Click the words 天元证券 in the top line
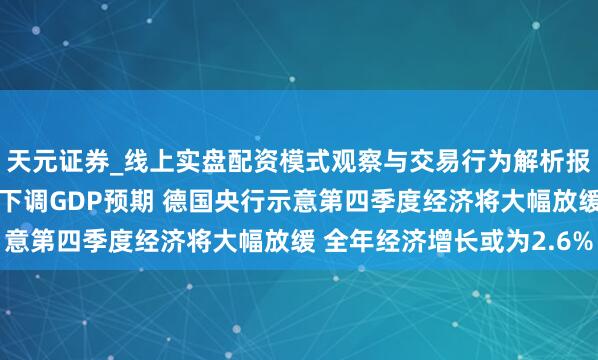click(x=56, y=161)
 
